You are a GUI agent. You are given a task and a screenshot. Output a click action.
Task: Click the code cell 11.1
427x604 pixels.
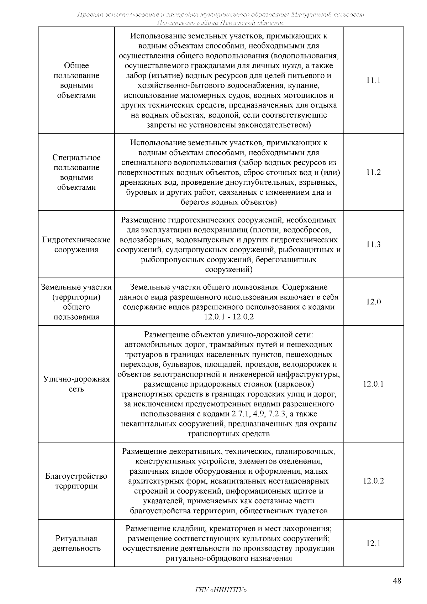point(373,80)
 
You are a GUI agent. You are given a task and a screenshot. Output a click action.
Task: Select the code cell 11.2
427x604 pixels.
point(373,173)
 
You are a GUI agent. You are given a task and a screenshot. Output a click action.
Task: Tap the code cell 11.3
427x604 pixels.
point(373,245)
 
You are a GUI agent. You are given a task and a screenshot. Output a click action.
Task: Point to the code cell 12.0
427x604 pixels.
point(373,302)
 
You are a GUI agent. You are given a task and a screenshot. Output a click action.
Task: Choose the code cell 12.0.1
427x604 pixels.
point(373,384)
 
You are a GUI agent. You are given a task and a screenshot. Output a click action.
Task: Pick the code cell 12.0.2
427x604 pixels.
point(373,481)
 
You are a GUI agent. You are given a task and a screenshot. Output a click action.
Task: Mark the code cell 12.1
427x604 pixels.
point(373,543)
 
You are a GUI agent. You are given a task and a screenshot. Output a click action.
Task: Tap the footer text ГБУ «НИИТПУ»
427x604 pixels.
point(221,590)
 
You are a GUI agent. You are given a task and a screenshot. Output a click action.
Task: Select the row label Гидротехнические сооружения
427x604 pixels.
point(76,245)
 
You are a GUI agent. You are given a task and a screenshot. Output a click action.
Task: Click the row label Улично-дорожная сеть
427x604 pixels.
point(76,384)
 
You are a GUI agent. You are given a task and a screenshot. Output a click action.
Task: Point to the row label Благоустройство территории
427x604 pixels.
point(76,481)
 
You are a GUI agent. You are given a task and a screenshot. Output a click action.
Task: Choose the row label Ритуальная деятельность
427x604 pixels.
point(76,543)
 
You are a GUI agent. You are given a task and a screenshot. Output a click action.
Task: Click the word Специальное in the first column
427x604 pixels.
point(76,158)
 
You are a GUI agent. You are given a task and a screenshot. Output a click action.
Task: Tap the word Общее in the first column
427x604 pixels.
point(76,65)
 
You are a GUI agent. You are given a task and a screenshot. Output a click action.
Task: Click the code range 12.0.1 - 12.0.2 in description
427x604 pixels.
point(229,317)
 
